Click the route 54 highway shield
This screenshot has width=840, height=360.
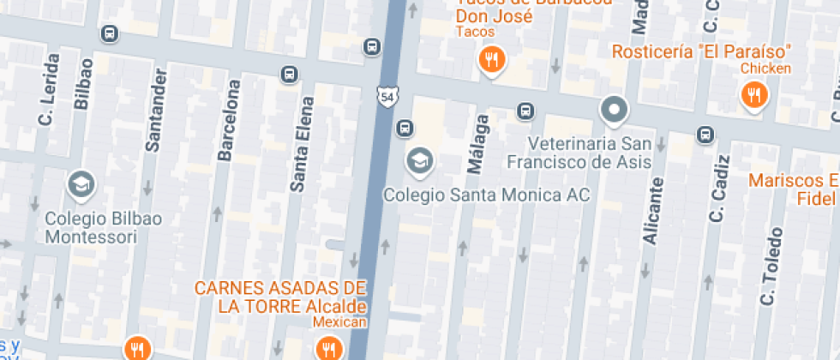click(387, 97)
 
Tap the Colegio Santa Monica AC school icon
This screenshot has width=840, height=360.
click(419, 160)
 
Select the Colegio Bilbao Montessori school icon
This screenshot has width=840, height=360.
click(81, 183)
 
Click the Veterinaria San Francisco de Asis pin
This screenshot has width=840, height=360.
click(614, 110)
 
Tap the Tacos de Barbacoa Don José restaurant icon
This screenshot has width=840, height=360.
click(491, 60)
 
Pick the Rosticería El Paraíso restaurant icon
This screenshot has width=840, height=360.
click(753, 94)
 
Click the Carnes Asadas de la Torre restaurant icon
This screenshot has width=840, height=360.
click(328, 347)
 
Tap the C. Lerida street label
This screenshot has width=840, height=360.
click(48, 88)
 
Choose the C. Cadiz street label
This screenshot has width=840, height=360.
click(718, 189)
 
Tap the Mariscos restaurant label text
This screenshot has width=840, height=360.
click(792, 181)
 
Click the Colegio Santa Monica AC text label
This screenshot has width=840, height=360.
click(486, 195)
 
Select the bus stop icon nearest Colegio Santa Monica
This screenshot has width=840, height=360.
click(404, 129)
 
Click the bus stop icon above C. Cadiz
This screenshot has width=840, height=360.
click(705, 134)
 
